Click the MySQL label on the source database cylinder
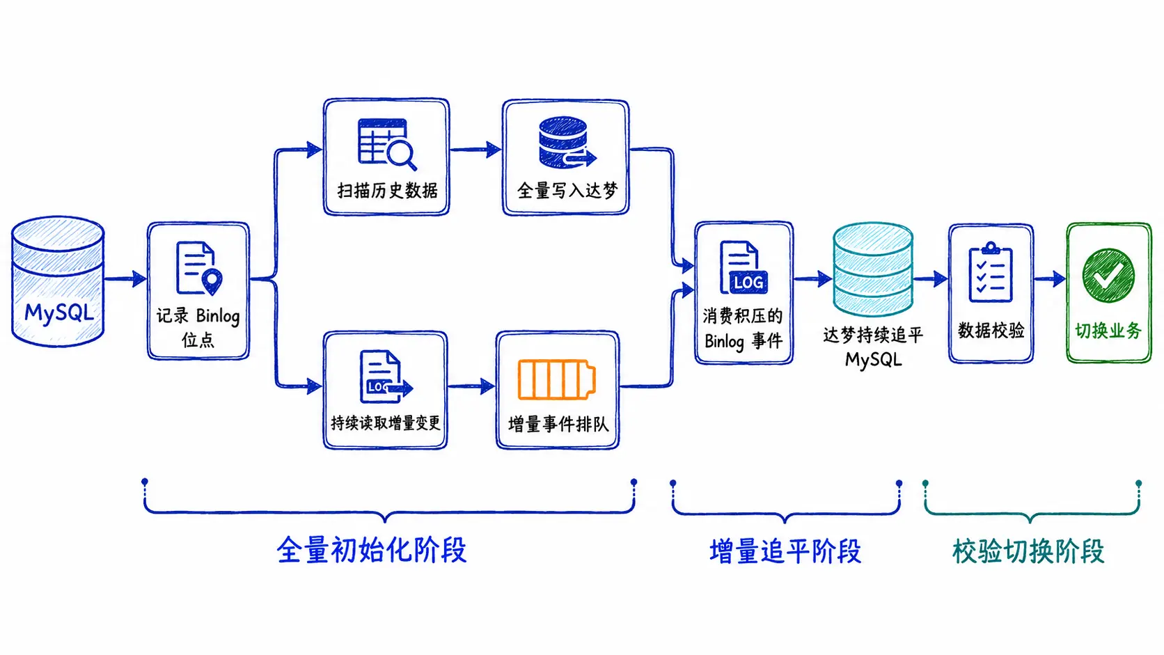pos(59,312)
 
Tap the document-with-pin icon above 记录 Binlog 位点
pos(199,269)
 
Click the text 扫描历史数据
pos(387,191)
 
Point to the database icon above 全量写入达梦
pos(567,142)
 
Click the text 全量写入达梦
pos(567,191)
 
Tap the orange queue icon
pos(556,379)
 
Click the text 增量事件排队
pos(558,424)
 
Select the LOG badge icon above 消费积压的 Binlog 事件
pos(744,267)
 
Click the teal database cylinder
pos(872,269)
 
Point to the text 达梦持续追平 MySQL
pos(873,347)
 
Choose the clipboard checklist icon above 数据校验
pos(991,271)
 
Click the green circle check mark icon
pos(1108,276)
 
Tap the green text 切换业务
pos(1108,331)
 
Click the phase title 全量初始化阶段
pos(372,550)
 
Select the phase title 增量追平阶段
pos(786,551)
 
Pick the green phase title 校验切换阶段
pos(1028,551)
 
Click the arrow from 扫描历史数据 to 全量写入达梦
pos(475,150)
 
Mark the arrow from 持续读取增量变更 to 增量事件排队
pos(471,386)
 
